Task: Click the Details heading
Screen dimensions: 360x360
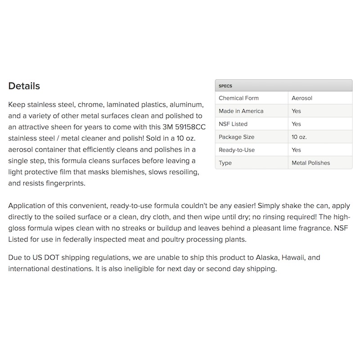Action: coord(24,86)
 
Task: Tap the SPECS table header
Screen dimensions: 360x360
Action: coord(225,85)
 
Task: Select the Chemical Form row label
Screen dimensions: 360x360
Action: coord(238,98)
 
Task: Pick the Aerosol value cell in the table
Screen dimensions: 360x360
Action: coord(301,98)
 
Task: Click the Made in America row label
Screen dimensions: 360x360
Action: coord(241,111)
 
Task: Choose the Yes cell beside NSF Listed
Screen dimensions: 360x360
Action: coord(296,124)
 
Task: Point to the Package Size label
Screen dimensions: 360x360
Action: coord(236,137)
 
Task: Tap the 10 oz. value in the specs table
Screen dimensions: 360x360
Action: coord(299,137)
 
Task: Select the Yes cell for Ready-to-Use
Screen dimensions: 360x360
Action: coord(296,150)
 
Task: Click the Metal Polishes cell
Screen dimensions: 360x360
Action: coord(310,163)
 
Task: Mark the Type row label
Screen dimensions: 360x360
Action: coord(225,163)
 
